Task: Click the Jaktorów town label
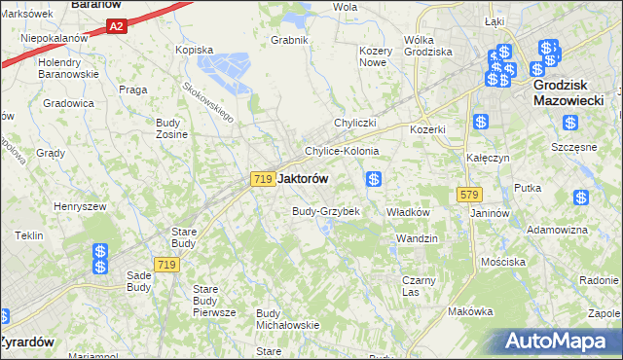coord(303,179)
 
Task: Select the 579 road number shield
coord(463,196)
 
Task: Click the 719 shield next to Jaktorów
coord(260,179)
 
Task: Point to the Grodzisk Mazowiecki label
coord(571,92)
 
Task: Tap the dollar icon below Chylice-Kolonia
coord(374,179)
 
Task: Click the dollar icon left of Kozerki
coord(481,122)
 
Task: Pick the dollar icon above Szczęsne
coord(572,124)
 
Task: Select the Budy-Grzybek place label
coord(326,211)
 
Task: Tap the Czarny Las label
coord(418,286)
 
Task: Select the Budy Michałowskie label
coord(287,319)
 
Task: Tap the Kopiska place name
coord(193,49)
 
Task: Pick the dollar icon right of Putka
coord(581,198)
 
